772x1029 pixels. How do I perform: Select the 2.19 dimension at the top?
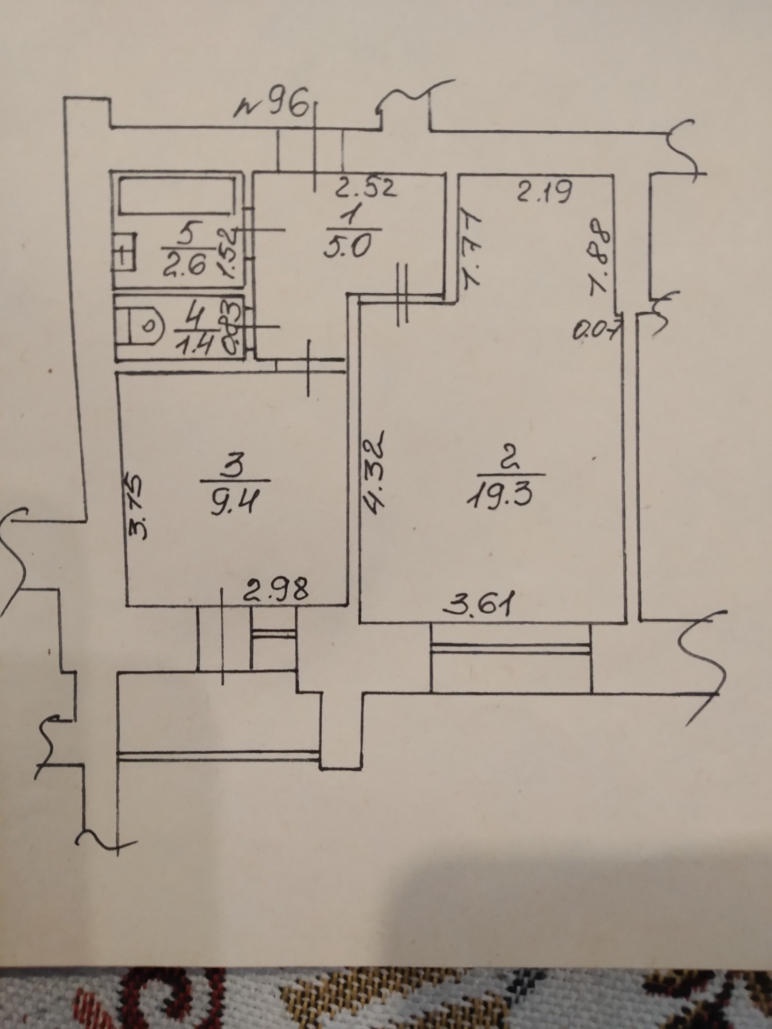point(545,193)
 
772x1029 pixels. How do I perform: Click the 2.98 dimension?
point(276,591)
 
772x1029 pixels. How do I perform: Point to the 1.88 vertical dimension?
point(599,257)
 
